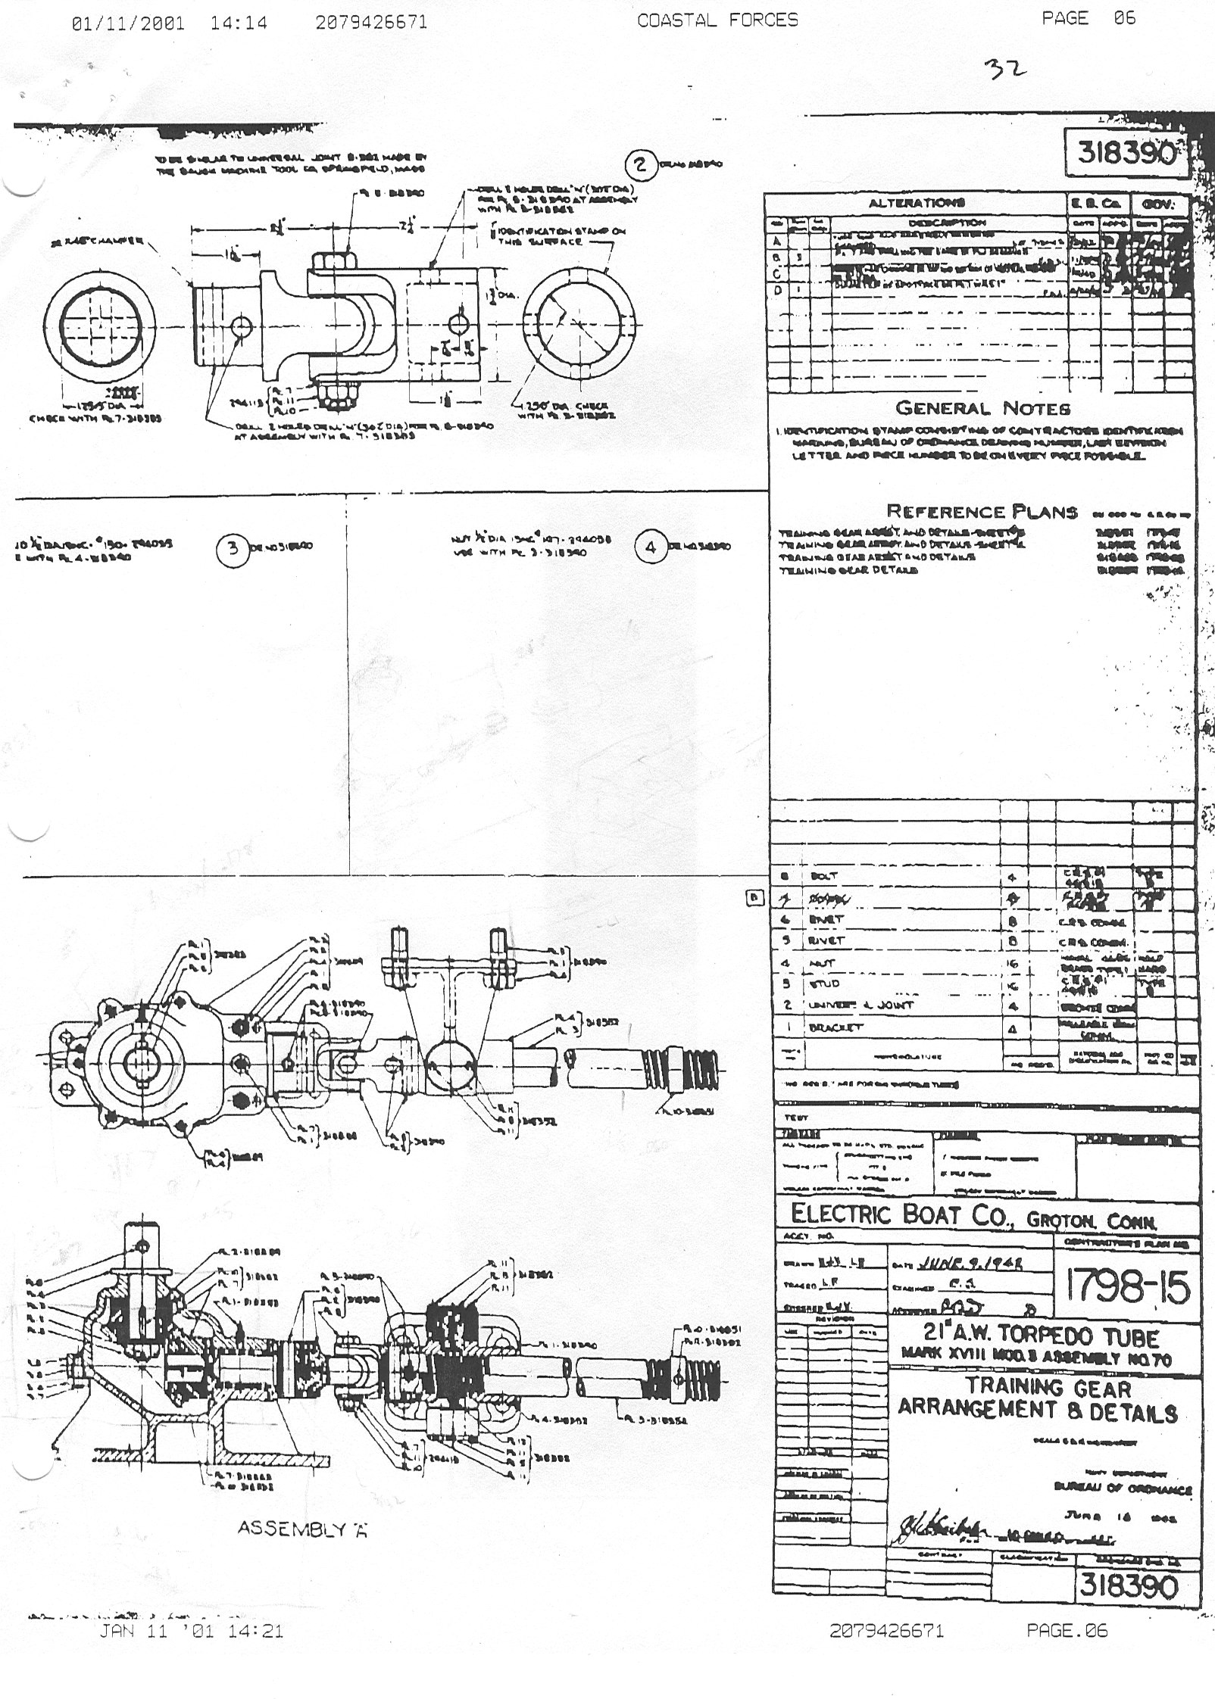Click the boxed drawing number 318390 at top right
[x=1123, y=153]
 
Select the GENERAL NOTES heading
[x=982, y=408]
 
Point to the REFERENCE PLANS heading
[x=982, y=511]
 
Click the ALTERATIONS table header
[x=916, y=203]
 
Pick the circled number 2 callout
[x=641, y=164]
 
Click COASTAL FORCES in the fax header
[x=717, y=20]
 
